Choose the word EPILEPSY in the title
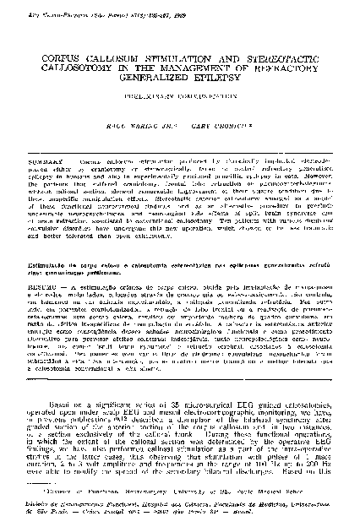click(x=221, y=84)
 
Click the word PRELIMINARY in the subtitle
click(x=149, y=105)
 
